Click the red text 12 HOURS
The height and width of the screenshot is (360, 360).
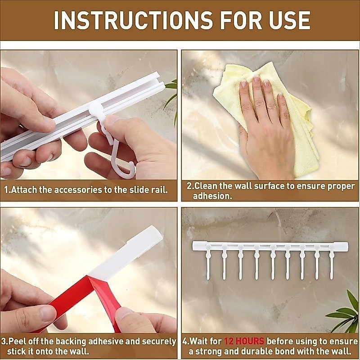244,341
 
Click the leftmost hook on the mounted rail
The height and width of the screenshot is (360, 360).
208,262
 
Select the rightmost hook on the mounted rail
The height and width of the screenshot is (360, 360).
332,262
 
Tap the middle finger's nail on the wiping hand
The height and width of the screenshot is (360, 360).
256,79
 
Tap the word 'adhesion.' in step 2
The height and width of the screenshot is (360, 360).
212,196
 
